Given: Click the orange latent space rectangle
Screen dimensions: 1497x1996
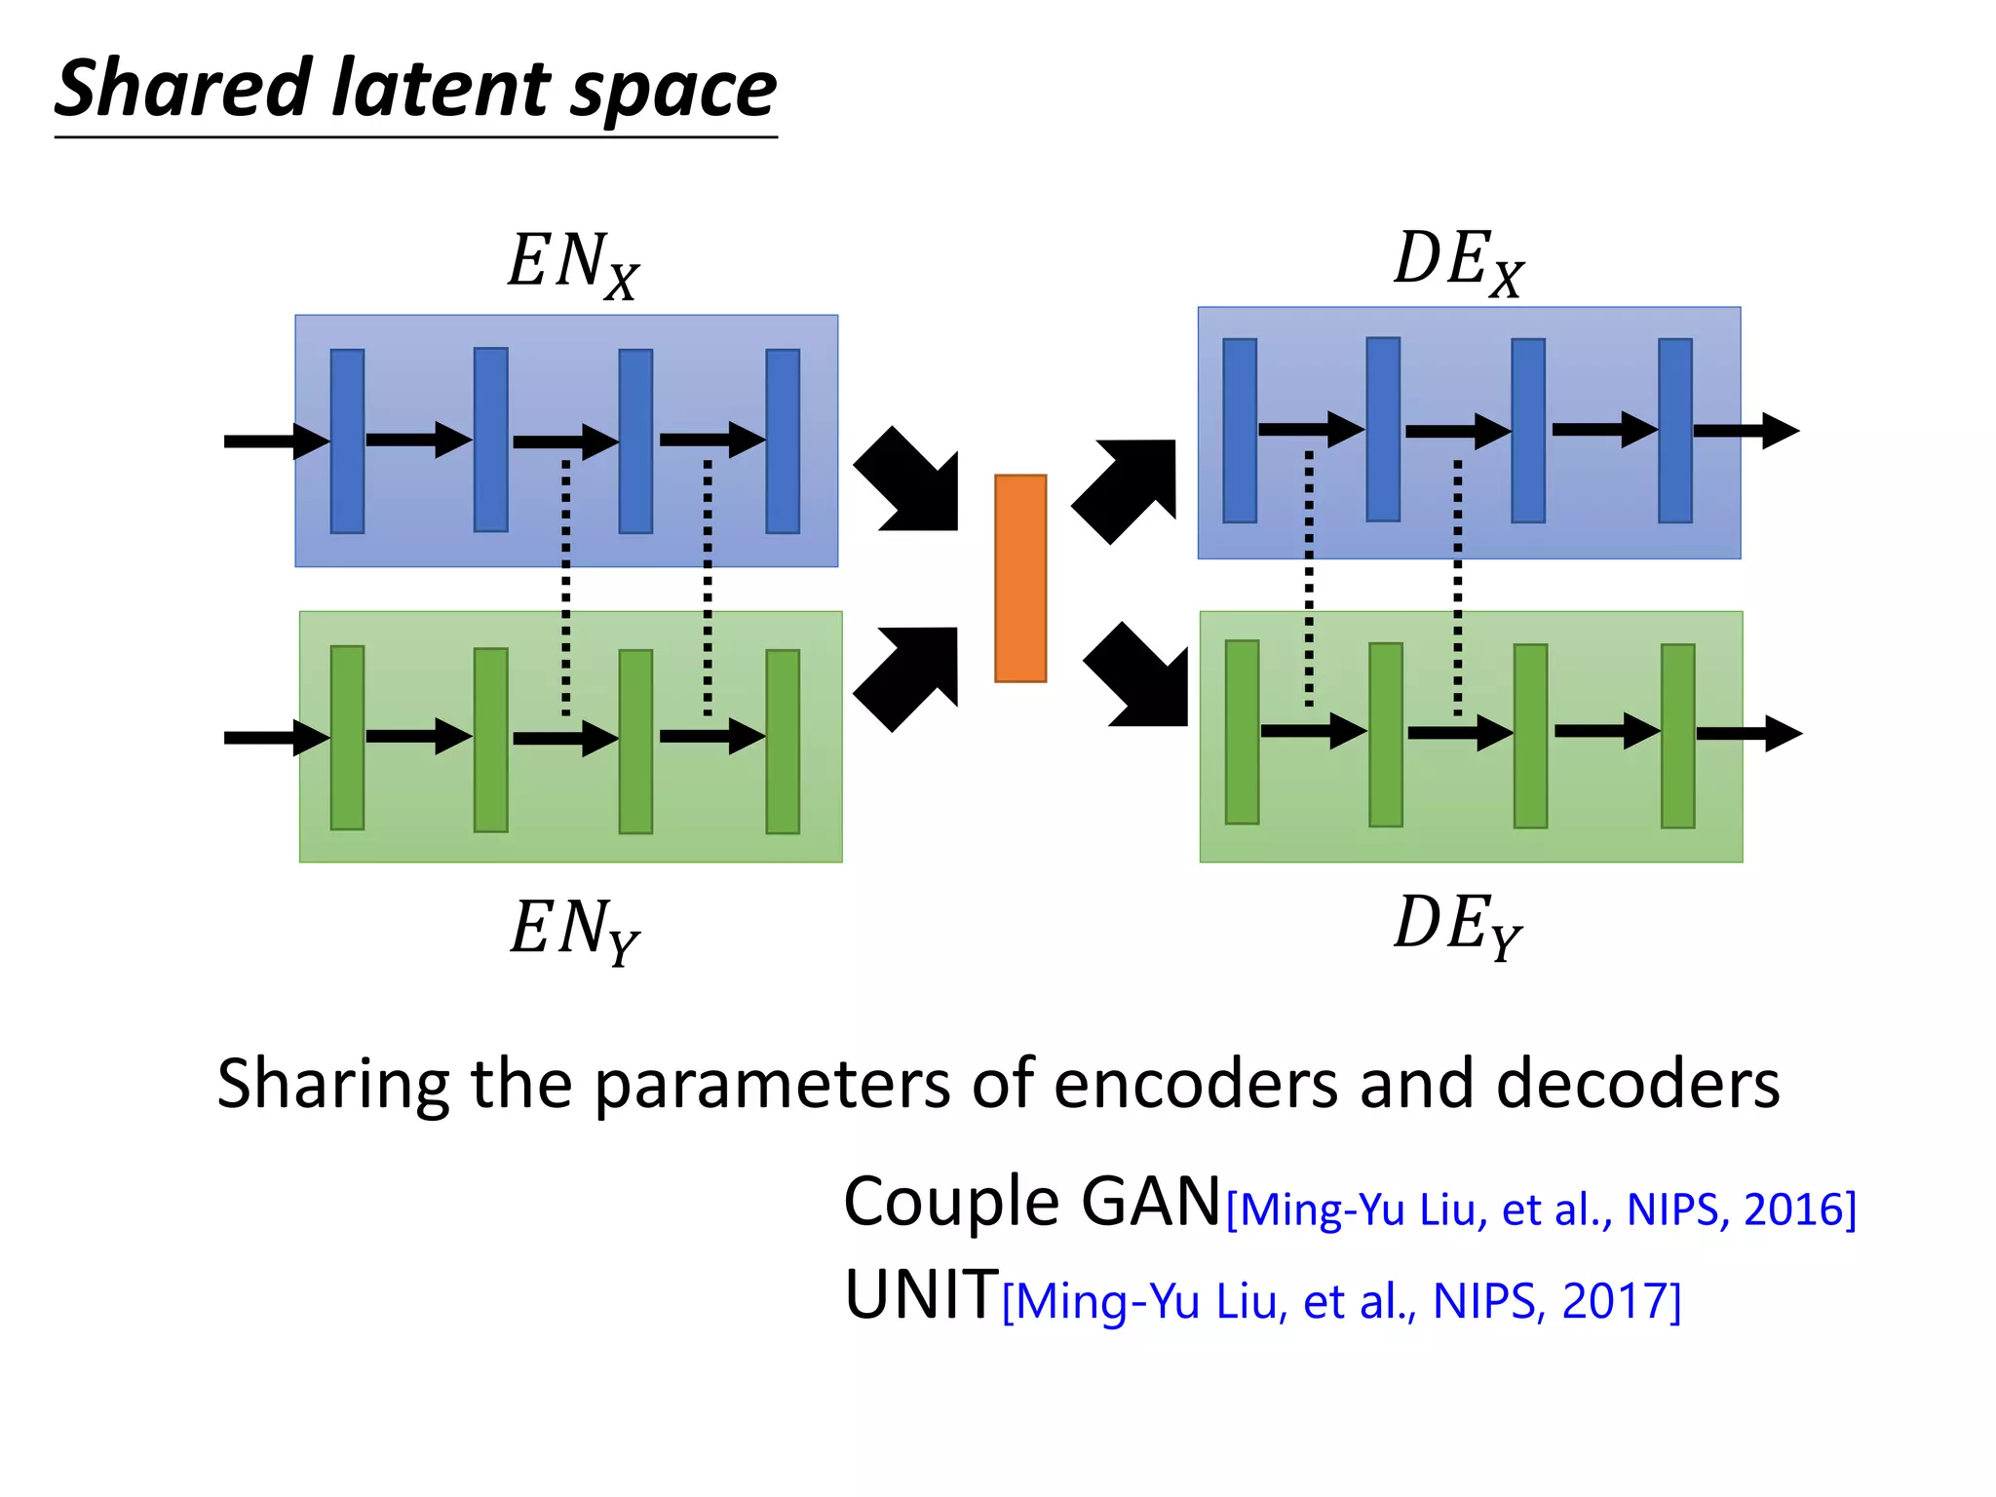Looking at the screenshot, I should click(1020, 578).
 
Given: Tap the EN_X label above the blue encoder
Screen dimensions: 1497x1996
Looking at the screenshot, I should click(572, 263).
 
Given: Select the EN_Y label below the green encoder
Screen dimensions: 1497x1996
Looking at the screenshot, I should click(574, 929).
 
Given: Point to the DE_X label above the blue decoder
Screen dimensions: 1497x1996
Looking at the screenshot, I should click(1458, 261).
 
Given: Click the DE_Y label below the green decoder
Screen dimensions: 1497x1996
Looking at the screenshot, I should click(1457, 926).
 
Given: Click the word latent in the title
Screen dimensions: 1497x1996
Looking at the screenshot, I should click(442, 89).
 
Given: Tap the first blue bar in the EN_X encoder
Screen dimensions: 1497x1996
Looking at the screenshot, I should click(347, 441).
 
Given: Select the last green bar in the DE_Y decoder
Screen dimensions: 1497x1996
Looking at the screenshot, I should click(1677, 736).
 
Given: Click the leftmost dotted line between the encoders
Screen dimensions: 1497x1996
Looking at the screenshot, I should click(565, 585).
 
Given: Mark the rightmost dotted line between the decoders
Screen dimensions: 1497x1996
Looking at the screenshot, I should click(1457, 585).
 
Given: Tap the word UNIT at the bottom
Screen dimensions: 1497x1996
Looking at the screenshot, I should click(921, 1295).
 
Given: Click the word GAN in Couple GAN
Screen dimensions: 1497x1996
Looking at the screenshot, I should click(1150, 1202).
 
